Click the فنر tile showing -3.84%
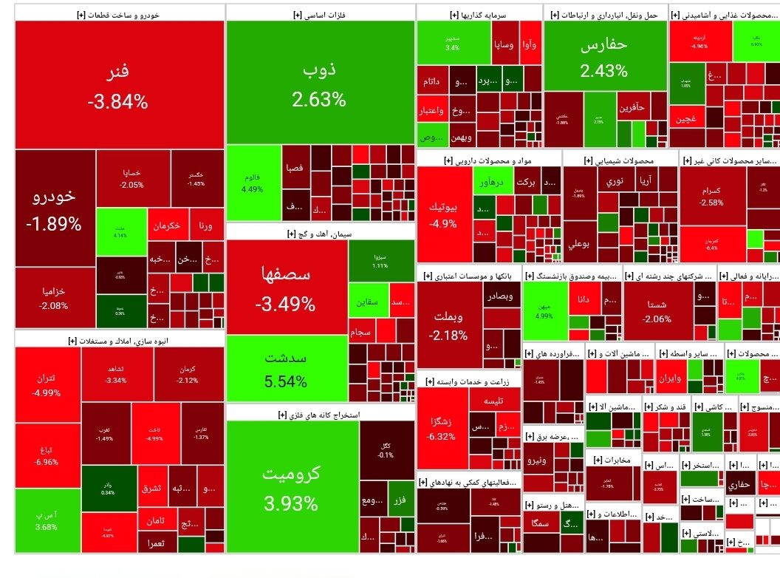click(119, 85)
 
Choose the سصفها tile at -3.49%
click(287, 288)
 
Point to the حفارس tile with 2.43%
click(603, 58)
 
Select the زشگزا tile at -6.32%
click(442, 429)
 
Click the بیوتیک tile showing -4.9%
click(444, 214)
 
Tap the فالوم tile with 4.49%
click(253, 183)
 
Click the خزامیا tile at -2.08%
click(54, 297)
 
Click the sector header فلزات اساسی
click(321, 13)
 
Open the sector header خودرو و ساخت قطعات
click(119, 13)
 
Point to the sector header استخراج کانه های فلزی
click(321, 415)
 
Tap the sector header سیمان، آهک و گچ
click(321, 234)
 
